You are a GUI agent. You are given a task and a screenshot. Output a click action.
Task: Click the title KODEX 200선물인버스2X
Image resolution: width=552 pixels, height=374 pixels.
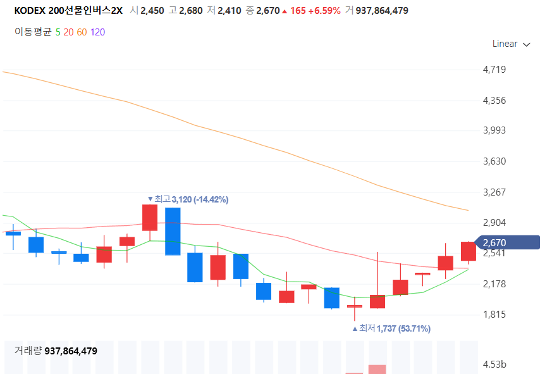(68, 11)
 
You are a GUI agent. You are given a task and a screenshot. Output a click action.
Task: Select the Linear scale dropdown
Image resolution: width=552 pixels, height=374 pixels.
(511, 44)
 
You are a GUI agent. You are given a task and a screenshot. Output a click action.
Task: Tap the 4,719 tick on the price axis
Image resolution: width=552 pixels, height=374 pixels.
(494, 70)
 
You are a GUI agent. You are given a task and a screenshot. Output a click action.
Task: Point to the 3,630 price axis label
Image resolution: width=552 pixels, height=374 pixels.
(494, 161)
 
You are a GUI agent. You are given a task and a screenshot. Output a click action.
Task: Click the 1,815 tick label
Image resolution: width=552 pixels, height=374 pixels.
(494, 315)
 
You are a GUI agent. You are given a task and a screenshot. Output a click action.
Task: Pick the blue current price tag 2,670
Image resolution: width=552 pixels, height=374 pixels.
(500, 242)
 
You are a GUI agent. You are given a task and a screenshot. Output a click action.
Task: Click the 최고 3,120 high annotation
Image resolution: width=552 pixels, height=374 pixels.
(187, 199)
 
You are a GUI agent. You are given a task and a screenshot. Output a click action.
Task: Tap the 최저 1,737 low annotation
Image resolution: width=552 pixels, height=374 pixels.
(391, 328)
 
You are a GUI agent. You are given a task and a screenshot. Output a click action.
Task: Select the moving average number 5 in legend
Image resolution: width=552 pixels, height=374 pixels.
(58, 32)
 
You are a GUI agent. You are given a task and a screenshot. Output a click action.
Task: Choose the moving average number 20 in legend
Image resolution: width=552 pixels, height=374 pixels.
(68, 32)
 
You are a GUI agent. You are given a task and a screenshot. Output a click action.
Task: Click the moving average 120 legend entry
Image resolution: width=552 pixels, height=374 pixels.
(97, 32)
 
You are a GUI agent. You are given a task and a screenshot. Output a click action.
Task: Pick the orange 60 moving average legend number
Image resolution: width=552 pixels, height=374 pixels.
(82, 32)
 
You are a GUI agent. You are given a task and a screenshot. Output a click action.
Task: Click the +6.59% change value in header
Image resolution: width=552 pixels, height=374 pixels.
(326, 11)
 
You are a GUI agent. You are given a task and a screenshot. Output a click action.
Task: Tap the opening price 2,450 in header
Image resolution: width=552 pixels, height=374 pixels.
(152, 11)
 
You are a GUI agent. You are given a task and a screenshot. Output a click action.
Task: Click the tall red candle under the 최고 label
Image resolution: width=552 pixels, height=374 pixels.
(150, 218)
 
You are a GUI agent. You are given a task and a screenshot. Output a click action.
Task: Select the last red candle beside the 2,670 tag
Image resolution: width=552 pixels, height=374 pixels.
(469, 251)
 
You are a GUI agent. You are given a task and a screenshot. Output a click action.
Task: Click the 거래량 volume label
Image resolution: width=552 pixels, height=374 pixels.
(28, 351)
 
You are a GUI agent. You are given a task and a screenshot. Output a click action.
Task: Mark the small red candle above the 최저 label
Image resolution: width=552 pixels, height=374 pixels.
(355, 306)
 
